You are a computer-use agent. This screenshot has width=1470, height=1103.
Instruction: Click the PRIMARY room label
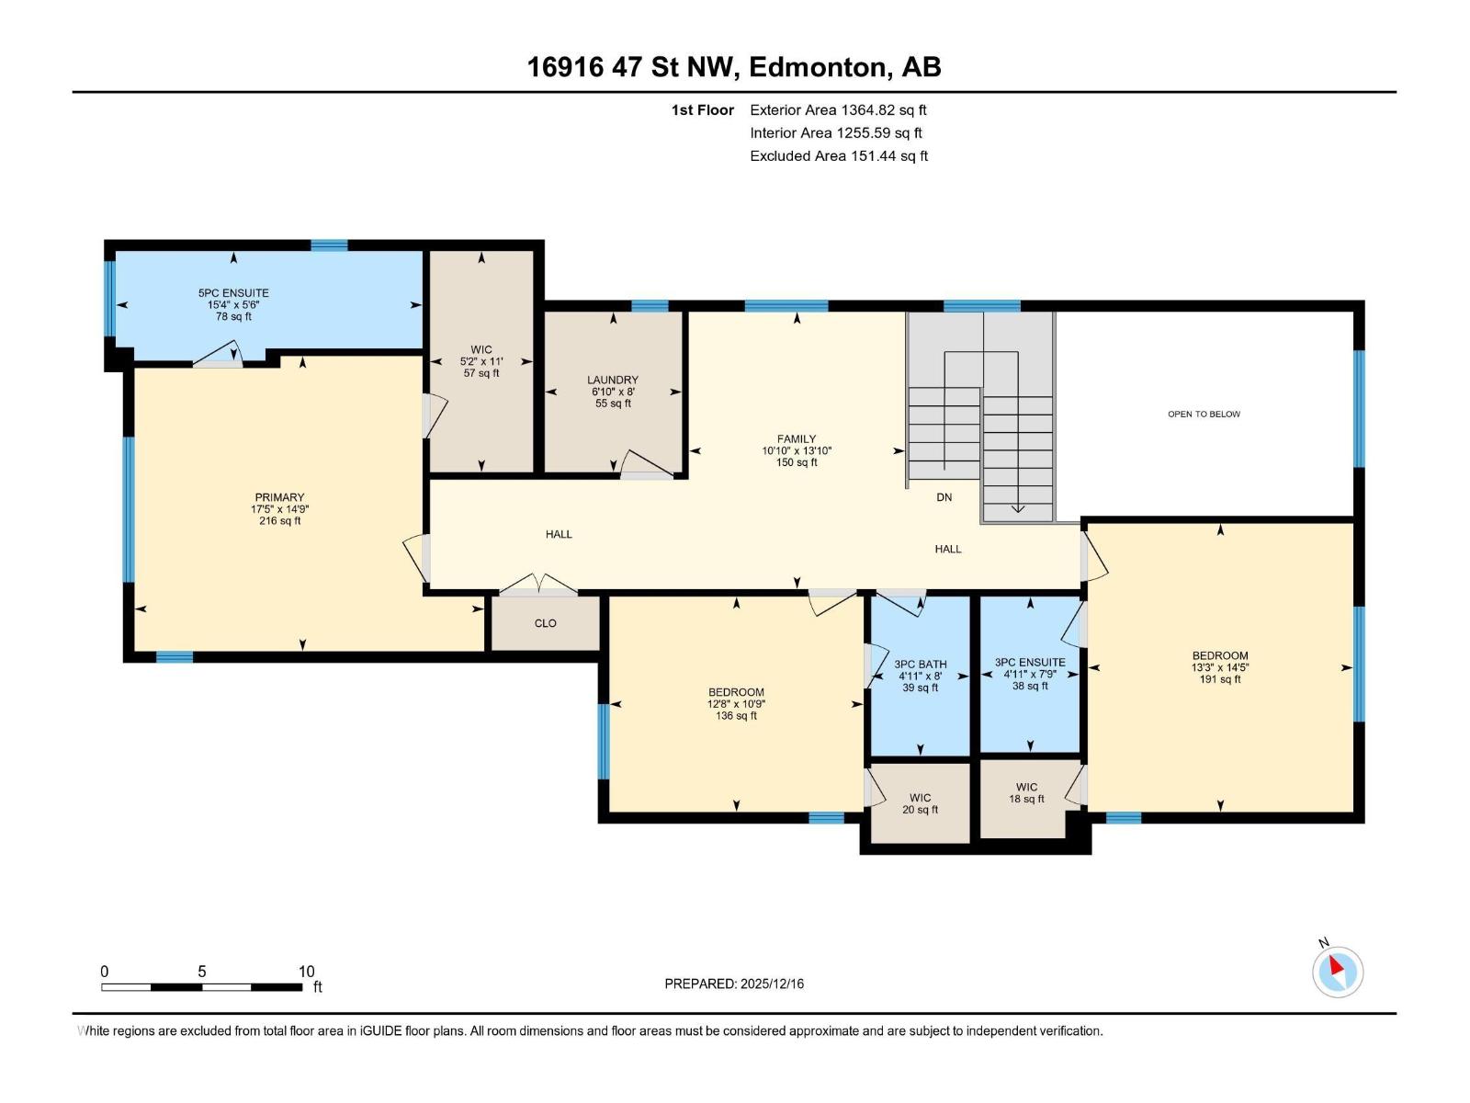click(x=279, y=497)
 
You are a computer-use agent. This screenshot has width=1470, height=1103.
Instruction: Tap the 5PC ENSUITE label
click(x=233, y=293)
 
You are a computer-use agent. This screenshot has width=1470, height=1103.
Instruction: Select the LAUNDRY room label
click(x=613, y=380)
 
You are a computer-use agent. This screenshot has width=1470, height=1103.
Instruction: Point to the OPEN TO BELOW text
click(x=1204, y=415)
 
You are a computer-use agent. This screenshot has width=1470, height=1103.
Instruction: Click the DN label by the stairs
click(x=944, y=497)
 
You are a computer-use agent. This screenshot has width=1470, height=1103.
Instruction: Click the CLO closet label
click(x=546, y=623)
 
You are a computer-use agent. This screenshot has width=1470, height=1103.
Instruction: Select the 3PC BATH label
click(x=920, y=665)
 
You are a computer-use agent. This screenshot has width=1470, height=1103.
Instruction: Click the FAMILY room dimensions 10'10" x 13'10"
click(x=797, y=451)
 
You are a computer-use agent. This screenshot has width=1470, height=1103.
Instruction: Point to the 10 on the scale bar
click(x=306, y=972)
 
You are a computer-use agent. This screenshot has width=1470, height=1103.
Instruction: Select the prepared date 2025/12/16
click(x=771, y=984)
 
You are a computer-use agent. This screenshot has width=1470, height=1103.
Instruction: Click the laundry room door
click(x=647, y=465)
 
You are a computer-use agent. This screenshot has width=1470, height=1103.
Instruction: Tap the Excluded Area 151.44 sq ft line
click(x=838, y=156)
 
